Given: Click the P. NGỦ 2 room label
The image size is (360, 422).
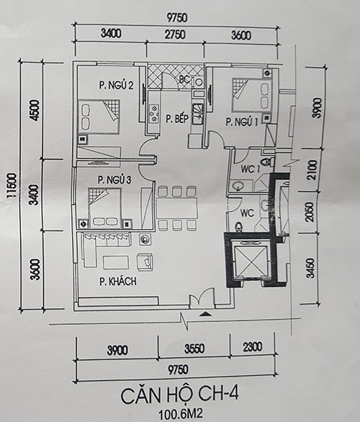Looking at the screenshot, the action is [x=116, y=85].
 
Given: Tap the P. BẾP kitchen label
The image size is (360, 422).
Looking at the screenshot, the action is [x=177, y=118].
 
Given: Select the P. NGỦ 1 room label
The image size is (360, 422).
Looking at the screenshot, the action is [x=242, y=122].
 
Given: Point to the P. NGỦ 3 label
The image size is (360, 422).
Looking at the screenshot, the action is [x=114, y=180].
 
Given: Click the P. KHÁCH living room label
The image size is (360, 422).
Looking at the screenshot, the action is [x=118, y=282].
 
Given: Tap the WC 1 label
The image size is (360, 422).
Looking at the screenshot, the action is [x=251, y=169].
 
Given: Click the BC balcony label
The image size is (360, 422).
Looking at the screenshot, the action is [x=185, y=79].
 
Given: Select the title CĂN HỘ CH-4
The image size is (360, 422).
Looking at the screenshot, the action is [x=179, y=395].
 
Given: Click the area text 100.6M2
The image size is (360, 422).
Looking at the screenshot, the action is [x=180, y=414].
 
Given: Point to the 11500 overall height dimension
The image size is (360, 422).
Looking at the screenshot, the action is [x=12, y=186].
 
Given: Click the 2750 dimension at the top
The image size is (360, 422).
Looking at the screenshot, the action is [x=175, y=35].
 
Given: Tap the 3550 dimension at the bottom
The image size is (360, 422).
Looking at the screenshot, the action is [x=194, y=349].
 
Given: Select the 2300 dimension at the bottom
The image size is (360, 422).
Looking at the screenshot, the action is [x=253, y=347].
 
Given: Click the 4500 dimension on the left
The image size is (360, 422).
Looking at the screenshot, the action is [x=35, y=110].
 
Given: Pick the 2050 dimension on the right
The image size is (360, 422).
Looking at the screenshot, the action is [x=310, y=212].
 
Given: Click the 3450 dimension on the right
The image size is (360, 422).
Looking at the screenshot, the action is [x=310, y=268].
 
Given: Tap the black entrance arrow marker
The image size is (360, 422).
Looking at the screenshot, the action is [x=205, y=313].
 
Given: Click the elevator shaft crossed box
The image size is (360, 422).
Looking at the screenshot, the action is [x=251, y=261].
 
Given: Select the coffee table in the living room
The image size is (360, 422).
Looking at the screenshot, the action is [x=116, y=262].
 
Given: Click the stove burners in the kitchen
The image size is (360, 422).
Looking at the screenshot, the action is [x=154, y=114].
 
